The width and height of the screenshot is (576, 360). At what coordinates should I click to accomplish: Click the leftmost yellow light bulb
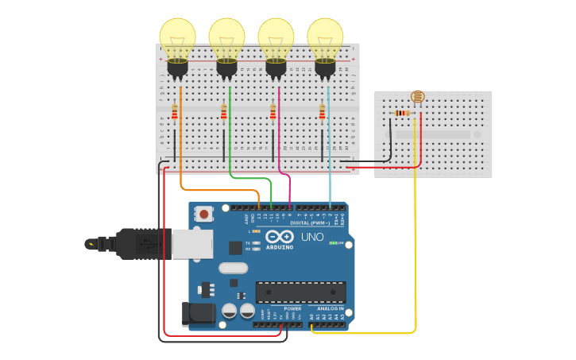pos(177,38)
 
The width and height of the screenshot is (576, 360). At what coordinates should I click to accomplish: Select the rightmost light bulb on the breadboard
pos(325,38)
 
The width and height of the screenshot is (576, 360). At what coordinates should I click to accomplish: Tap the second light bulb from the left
pos(226,38)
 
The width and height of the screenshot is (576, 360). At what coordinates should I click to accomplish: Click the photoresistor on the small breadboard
pos(417,97)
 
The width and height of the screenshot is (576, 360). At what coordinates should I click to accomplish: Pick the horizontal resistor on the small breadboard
pos(402,113)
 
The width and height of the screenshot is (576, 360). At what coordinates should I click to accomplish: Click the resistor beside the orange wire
pos(175,112)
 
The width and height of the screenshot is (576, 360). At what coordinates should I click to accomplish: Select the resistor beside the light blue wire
pos(322,112)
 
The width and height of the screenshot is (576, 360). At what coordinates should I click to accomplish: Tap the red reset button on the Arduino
pos(204,214)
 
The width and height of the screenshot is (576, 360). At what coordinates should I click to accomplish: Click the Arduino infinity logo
pos(280,237)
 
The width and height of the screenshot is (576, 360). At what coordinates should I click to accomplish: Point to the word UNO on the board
pos(312,237)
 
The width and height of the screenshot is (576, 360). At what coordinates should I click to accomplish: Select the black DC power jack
pos(198,314)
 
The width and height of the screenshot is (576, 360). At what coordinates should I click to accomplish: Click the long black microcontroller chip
pos(300,292)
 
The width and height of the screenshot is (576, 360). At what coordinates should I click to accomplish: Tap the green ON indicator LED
pos(332,242)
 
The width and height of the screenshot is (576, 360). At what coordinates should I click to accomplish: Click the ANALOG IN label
pos(331,308)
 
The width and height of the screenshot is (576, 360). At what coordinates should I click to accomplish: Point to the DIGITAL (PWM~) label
pos(310,223)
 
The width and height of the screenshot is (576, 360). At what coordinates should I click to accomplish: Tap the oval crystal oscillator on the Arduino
pos(234,268)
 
